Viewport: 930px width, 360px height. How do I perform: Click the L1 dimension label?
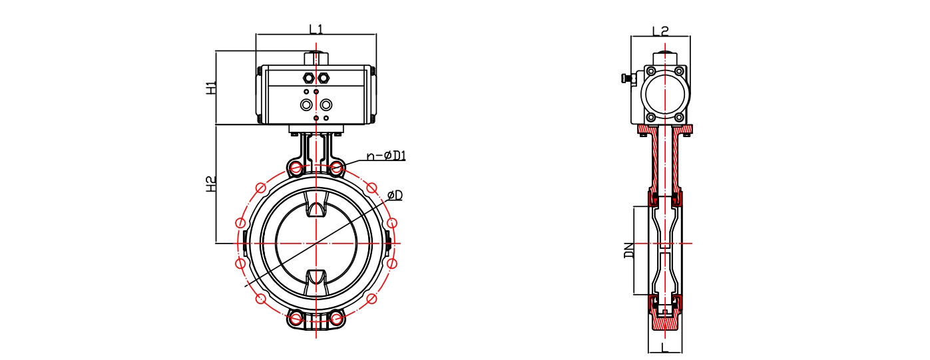[x=316, y=29]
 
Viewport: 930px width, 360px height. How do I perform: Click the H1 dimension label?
[x=212, y=88]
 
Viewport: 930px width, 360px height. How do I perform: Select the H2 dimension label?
[x=212, y=184]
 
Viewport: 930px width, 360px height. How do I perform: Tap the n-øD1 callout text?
[x=386, y=156]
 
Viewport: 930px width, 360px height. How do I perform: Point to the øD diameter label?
[x=395, y=195]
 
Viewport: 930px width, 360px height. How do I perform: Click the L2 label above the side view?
[x=660, y=31]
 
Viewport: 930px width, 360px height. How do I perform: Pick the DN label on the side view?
[x=629, y=250]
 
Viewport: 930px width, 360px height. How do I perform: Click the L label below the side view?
[x=664, y=347]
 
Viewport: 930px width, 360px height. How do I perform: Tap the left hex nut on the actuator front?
[x=308, y=78]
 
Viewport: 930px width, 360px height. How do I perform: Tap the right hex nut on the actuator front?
[x=323, y=78]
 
